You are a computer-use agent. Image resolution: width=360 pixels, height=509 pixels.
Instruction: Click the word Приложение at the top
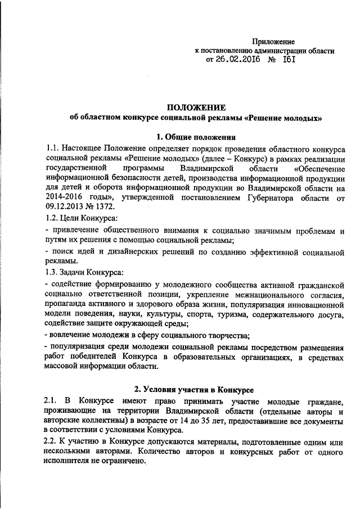[273, 41]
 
